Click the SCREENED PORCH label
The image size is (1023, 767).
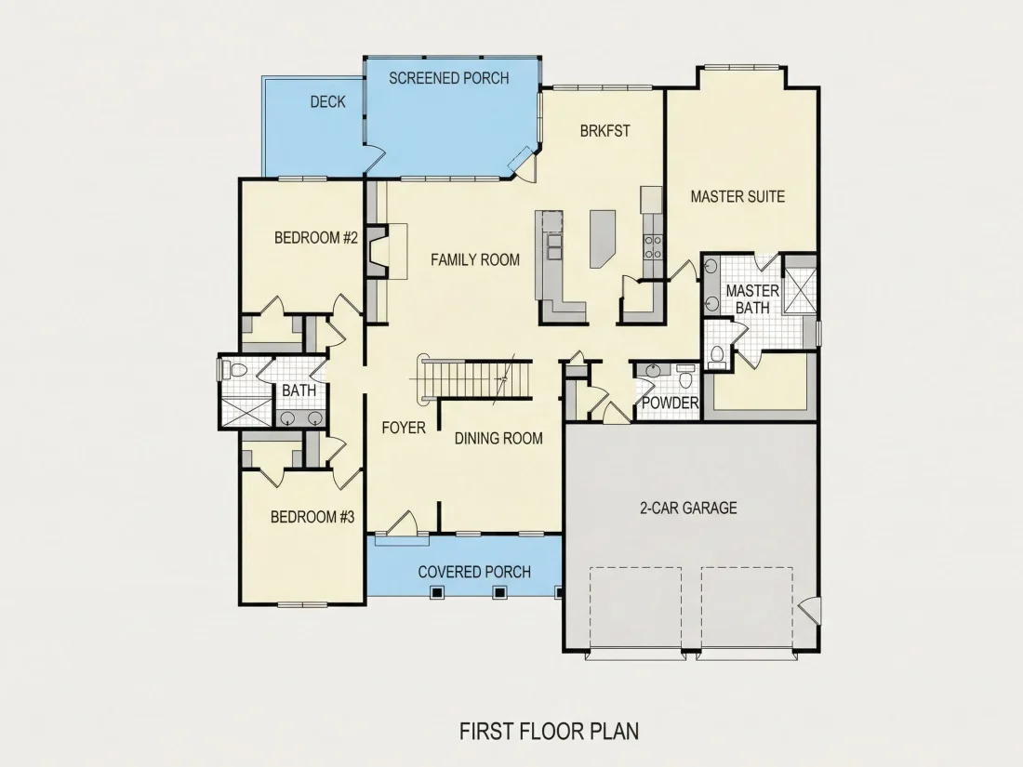pos(449,78)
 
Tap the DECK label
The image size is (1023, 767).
pos(327,101)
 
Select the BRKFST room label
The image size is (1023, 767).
pos(604,130)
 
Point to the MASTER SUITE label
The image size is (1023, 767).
pos(737,196)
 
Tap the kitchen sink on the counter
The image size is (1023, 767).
pos(554,245)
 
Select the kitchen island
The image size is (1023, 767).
pos(603,238)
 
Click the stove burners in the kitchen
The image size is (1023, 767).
pos(653,246)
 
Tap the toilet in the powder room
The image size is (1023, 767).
pos(685,377)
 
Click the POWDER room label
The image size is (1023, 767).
pos(670,403)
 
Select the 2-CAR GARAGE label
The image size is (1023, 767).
pos(688,508)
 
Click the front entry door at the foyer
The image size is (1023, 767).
pos(402,523)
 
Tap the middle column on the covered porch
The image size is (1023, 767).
pos(499,592)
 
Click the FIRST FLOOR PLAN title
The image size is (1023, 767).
pos(550,731)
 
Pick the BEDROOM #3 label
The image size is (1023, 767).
pos(312,517)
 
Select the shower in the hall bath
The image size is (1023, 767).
pos(246,412)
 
